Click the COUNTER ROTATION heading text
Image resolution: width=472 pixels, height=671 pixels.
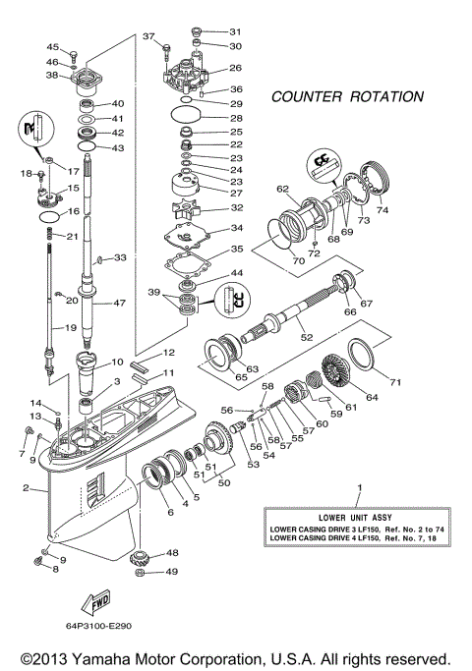(346, 97)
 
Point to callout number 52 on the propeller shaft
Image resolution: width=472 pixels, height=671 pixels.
(307, 336)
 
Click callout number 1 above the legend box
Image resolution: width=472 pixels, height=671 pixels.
(359, 488)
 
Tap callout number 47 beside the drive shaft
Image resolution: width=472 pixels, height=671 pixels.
(119, 304)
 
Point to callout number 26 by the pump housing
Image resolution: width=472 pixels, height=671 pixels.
(235, 68)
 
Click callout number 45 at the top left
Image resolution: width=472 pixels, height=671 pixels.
(53, 47)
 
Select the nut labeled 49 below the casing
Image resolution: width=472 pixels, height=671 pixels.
(140, 571)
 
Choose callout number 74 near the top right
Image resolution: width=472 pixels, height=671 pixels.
(383, 210)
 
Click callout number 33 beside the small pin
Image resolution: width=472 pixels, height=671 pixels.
(120, 257)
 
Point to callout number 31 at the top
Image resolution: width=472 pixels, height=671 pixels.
(234, 31)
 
